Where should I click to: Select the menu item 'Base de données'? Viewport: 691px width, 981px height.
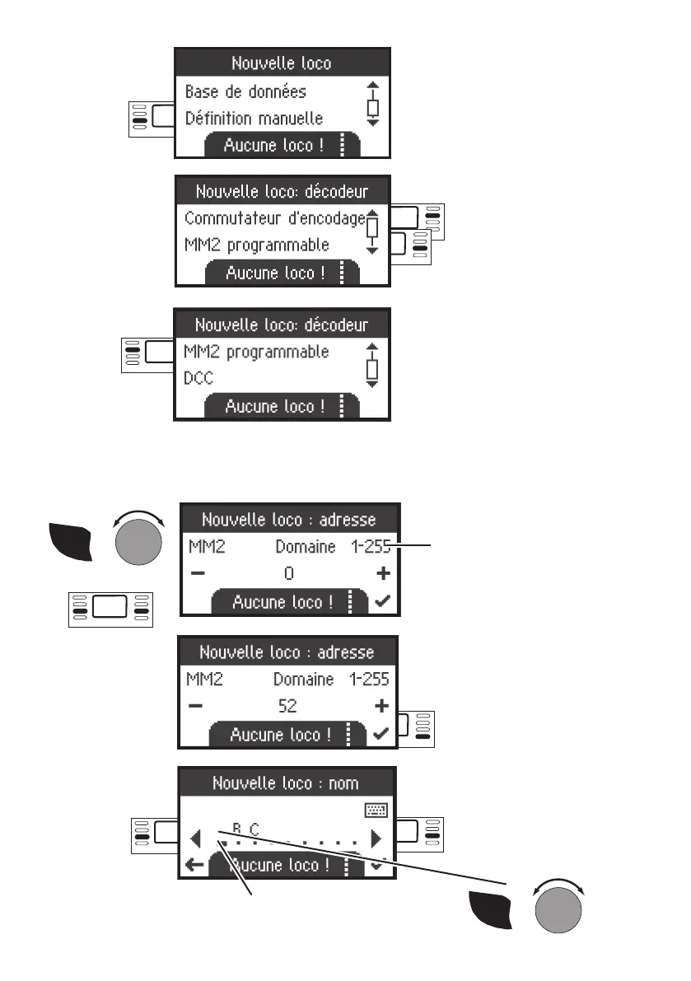pos(245,91)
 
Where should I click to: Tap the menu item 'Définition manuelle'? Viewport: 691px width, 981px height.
pos(254,119)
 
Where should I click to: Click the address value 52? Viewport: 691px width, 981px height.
pos(287,706)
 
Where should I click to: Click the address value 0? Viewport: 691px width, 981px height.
pos(289,572)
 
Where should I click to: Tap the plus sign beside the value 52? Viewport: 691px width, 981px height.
pos(381,706)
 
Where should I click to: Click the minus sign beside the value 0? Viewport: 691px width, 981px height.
pos(194,572)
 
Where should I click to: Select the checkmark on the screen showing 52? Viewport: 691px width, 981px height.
pos(381,734)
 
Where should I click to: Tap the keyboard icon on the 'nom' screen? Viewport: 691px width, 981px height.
pos(376,811)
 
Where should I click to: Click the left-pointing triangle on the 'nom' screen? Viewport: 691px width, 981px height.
pos(195,839)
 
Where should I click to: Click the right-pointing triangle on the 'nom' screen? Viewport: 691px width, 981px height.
pos(376,839)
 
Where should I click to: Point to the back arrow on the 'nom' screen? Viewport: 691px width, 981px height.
pos(194,864)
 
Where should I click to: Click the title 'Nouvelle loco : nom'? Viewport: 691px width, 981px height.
pos(286,782)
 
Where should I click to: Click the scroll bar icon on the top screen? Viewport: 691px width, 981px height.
pos(372,104)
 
